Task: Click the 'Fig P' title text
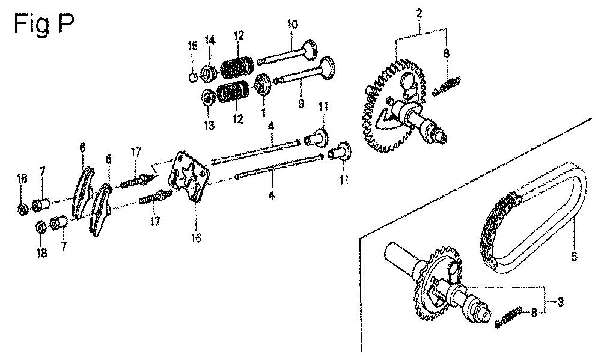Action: [x=43, y=25]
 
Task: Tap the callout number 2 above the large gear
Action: [x=419, y=14]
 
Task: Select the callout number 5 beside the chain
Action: [x=574, y=255]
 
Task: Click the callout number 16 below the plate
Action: [x=196, y=238]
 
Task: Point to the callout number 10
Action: [x=291, y=25]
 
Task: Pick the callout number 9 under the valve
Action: [x=301, y=103]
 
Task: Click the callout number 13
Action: [x=209, y=125]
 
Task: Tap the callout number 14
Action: [x=210, y=39]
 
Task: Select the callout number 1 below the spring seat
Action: [x=263, y=113]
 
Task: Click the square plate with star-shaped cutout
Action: [x=189, y=176]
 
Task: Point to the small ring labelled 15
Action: [x=194, y=77]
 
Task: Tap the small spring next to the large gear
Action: [x=447, y=87]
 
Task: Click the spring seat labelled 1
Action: [x=263, y=84]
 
